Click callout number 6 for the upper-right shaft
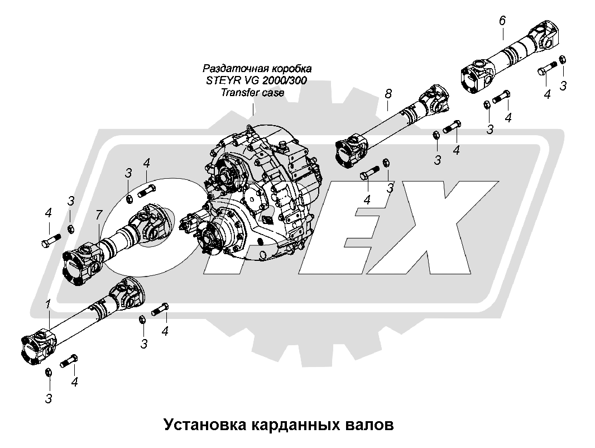[x=502, y=21]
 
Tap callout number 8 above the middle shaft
[x=388, y=94]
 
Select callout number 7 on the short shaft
[x=99, y=215]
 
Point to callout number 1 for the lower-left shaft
[x=49, y=304]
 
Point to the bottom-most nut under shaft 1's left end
[x=49, y=373]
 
